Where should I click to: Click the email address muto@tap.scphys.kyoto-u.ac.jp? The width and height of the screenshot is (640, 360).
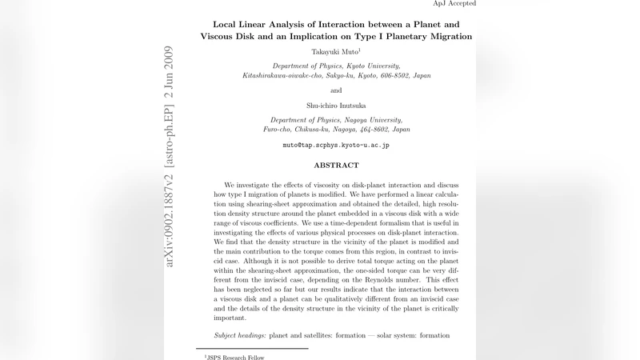336,146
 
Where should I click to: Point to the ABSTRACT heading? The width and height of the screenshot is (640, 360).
336,166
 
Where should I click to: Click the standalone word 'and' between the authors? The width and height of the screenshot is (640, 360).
336,90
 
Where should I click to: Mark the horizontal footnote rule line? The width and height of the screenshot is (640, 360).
251,348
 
